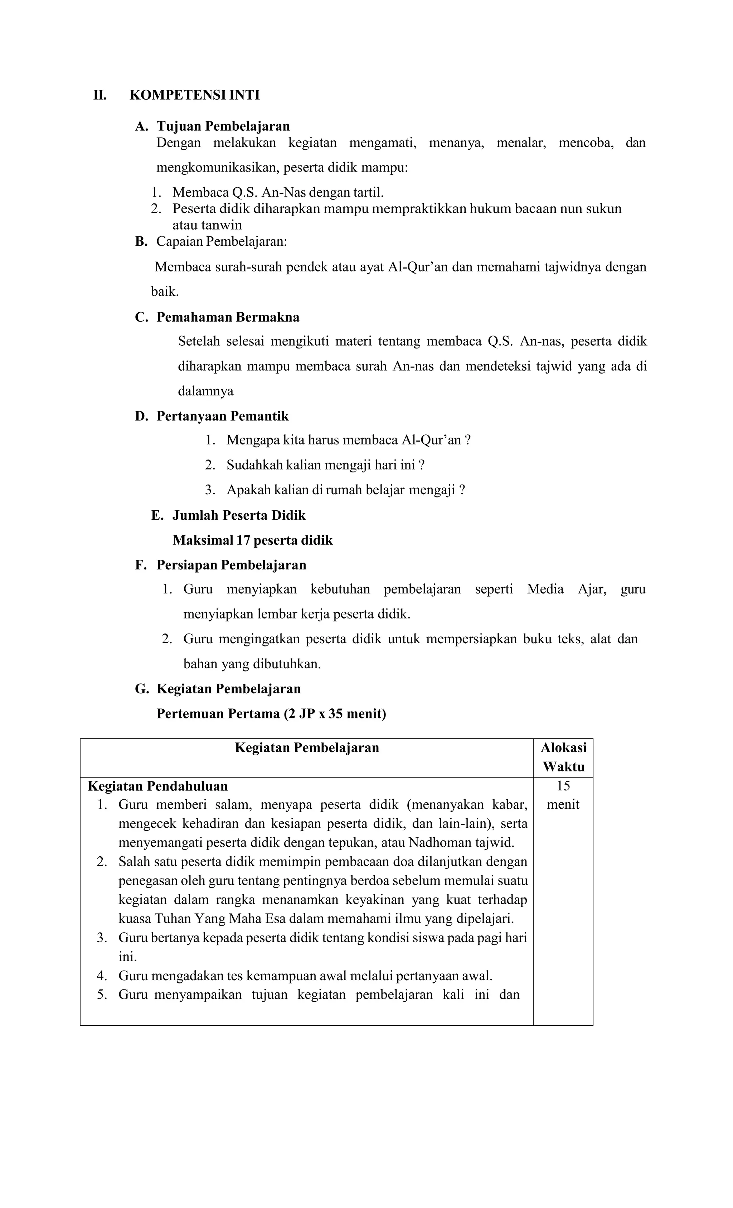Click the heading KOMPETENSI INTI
tap(194, 95)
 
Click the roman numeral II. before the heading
tap(100, 95)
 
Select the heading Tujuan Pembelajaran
tap(223, 126)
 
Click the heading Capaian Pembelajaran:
tap(222, 242)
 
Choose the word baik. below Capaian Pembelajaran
tap(165, 292)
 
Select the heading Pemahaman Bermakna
tap(228, 317)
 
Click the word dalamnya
tap(205, 391)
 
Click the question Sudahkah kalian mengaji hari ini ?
tap(325, 465)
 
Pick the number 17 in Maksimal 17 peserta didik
tap(243, 540)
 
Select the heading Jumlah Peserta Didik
tap(239, 515)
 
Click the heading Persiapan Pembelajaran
tap(231, 565)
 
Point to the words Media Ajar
tap(567, 589)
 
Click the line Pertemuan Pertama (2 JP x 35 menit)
tap(271, 713)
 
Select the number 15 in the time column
tap(563, 786)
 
